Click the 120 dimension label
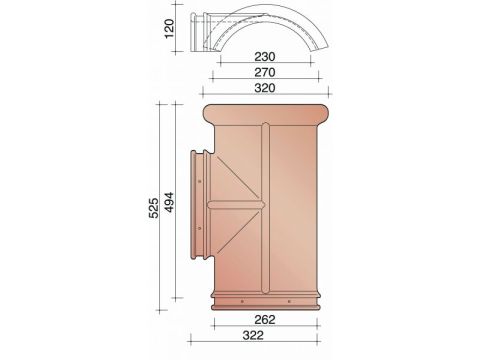coord(170,28)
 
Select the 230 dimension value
coord(265,57)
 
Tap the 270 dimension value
coord(265,72)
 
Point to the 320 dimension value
coord(265,88)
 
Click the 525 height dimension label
coord(154,208)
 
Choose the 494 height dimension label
coord(169,202)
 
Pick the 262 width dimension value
coord(265,320)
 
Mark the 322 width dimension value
coord(253,335)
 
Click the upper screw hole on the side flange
coord(199,181)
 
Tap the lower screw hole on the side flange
coord(199,228)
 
